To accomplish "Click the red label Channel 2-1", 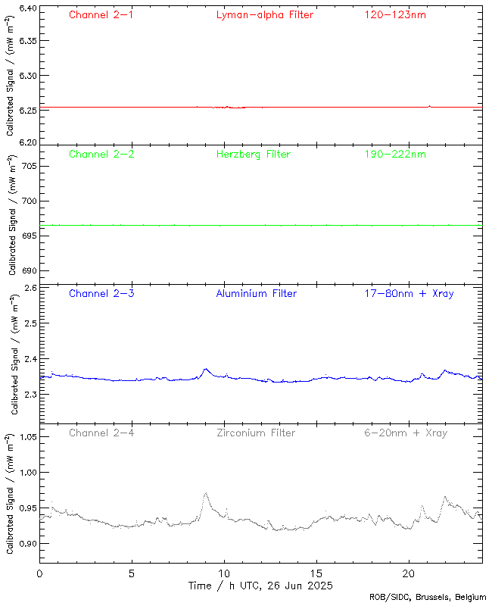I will [x=101, y=14].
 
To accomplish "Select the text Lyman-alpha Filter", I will [x=264, y=14].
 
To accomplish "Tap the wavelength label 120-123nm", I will [x=394, y=14].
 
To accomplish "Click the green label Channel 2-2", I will [x=101, y=154].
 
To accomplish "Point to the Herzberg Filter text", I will [x=253, y=154].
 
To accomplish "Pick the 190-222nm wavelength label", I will [x=394, y=154].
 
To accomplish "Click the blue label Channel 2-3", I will [x=101, y=293].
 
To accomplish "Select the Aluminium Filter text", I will [x=256, y=293].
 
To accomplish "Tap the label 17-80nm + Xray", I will [x=408, y=293].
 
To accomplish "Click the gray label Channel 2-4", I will [x=101, y=433].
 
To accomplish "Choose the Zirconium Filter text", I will [x=255, y=433].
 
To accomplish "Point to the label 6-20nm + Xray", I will [x=405, y=433].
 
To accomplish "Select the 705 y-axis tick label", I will [x=27, y=165].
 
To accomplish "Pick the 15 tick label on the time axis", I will [x=316, y=574].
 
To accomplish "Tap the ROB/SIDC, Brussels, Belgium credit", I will [x=428, y=598].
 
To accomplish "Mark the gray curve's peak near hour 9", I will [x=205, y=493].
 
